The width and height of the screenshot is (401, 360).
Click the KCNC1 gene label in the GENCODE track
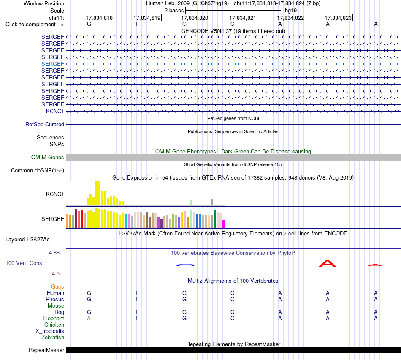tap(55, 112)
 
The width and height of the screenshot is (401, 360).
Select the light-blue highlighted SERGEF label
tap(53, 64)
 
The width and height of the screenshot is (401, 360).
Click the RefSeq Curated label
tap(45, 125)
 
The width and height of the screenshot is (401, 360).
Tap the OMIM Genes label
tap(48, 158)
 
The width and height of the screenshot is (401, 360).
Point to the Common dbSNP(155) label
tap(38, 171)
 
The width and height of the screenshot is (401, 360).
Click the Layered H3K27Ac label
tap(27, 240)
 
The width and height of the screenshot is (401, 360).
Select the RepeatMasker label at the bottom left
tap(46, 350)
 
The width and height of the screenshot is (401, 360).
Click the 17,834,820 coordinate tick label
tap(195, 18)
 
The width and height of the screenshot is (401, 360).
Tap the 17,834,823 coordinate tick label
tap(338, 18)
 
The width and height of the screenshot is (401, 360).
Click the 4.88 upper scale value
tap(54, 253)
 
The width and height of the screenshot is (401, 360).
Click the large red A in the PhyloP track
tap(328, 264)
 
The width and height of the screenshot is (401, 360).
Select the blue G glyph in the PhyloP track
tap(185, 265)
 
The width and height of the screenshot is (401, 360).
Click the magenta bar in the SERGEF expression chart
tap(223, 224)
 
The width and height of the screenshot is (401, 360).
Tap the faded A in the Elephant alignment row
tap(89, 318)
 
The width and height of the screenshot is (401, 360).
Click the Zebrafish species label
tap(53, 338)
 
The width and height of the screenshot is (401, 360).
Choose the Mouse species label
tap(56, 306)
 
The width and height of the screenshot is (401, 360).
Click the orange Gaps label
tap(57, 287)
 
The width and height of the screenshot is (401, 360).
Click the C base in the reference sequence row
tap(232, 24)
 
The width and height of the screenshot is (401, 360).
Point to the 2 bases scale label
tap(174, 11)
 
